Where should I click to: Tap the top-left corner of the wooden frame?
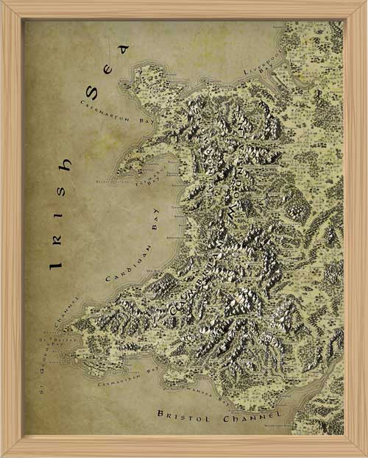pos(3,3)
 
